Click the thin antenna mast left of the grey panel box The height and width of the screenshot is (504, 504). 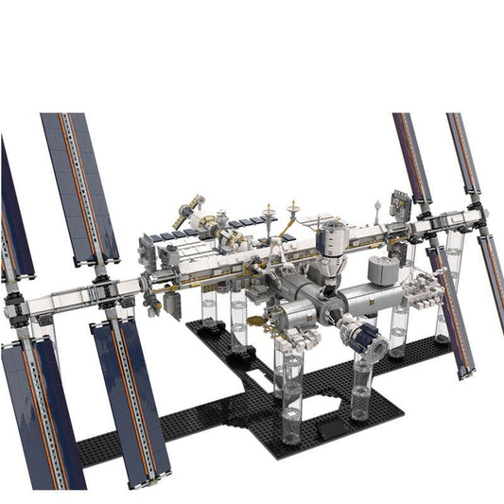[377, 209]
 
